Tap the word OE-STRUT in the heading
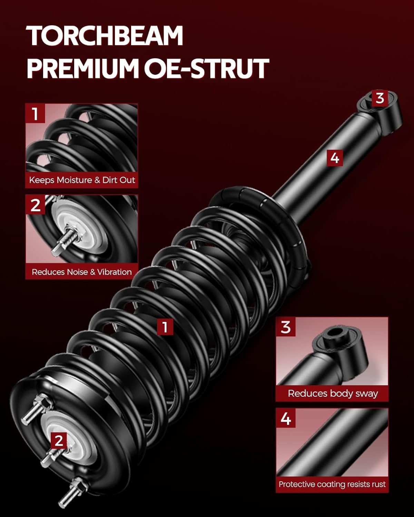[x=206, y=68]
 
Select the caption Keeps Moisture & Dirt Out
[x=82, y=180]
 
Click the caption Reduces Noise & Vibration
[x=82, y=272]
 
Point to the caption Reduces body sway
[x=333, y=393]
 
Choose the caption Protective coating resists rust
[x=332, y=484]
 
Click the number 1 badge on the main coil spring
[x=165, y=326]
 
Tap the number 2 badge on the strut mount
[x=59, y=440]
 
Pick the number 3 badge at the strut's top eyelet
[x=379, y=98]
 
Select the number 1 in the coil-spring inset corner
[x=35, y=114]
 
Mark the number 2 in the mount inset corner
[x=35, y=205]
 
